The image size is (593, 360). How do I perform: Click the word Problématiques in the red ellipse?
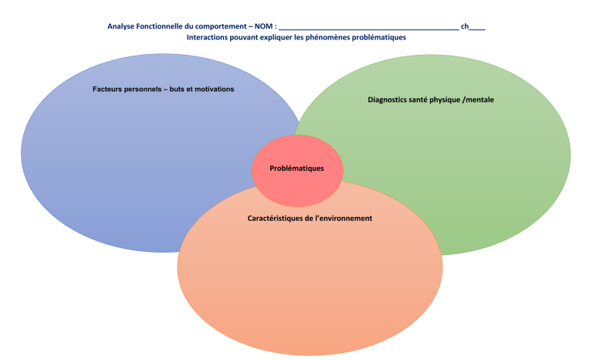[x=296, y=168]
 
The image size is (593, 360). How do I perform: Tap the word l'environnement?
[x=344, y=219]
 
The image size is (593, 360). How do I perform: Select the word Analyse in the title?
[x=122, y=26]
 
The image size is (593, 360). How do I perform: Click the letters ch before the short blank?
[x=465, y=26]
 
